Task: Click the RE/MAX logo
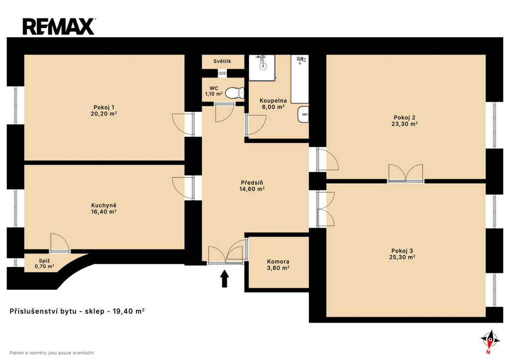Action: click(59, 27)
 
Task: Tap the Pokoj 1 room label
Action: click(104, 108)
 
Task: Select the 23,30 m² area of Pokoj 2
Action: click(404, 124)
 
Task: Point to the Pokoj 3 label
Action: click(402, 251)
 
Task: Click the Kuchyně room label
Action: click(104, 206)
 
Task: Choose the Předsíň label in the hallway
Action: click(252, 183)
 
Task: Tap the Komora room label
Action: click(278, 261)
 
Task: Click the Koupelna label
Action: click(273, 101)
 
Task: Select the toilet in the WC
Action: click(235, 93)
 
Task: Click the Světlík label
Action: click(222, 61)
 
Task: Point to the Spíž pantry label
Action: click(44, 261)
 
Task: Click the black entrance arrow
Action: click(225, 279)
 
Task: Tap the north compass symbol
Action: click(490, 340)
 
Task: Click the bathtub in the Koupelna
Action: click(299, 79)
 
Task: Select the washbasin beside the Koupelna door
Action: click(303, 115)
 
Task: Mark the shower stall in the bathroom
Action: click(262, 68)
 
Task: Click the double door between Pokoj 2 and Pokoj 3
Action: click(405, 173)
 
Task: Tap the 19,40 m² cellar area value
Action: click(128, 311)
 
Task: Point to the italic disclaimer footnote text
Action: click(52, 353)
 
